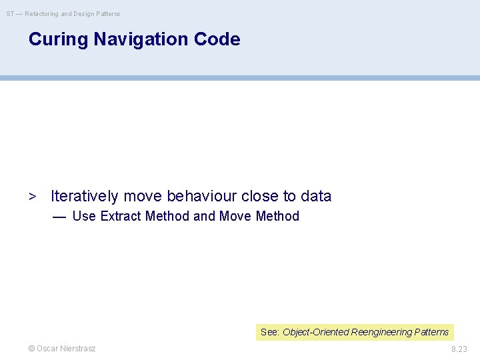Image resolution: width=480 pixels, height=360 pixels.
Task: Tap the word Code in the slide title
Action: click(217, 39)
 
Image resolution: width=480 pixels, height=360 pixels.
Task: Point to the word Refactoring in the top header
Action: click(42, 13)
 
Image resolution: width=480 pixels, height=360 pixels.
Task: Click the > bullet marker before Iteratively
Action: click(31, 197)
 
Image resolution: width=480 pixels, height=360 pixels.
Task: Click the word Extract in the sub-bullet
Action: click(121, 216)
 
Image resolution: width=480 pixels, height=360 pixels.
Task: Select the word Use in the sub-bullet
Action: click(84, 216)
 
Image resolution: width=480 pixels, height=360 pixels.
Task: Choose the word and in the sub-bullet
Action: click(204, 216)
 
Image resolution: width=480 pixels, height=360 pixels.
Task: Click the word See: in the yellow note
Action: click(270, 332)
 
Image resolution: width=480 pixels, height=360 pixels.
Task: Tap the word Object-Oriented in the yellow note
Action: click(315, 332)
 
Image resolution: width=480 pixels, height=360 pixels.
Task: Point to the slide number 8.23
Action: click(459, 349)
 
